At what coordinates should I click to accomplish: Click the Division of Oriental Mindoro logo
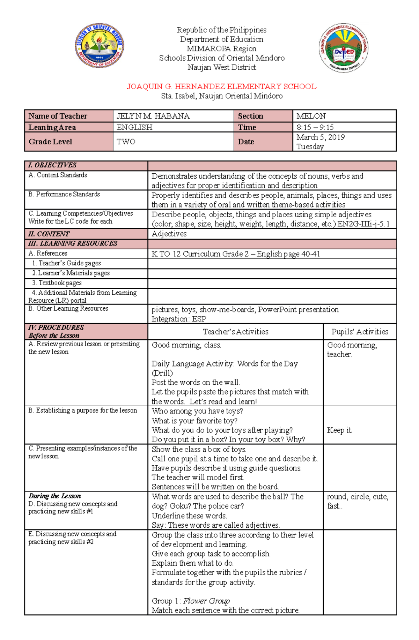point(100,46)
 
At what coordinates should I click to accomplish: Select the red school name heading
point(221,86)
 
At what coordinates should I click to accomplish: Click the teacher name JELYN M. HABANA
point(153,116)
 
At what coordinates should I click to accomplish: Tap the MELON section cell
point(311,116)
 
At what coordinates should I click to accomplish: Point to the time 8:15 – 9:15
point(315,127)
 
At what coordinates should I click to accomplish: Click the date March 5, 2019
point(321,137)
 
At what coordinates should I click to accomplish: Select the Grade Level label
point(50,142)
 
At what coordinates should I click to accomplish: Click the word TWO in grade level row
point(126,142)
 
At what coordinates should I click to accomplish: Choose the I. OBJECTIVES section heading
point(52,165)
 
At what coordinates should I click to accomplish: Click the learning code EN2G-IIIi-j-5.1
point(363,224)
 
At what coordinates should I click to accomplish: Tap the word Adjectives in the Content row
point(169,234)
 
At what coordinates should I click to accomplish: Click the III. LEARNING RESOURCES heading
point(73,243)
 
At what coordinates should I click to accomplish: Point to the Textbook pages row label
point(57,283)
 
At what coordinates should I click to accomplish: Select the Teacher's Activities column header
point(235,332)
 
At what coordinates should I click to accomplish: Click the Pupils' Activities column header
point(360,332)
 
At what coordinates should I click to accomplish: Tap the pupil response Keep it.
point(339,430)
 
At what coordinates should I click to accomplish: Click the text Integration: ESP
point(179,319)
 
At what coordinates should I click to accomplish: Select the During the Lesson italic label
point(55,496)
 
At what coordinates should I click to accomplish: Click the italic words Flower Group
point(206,601)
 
